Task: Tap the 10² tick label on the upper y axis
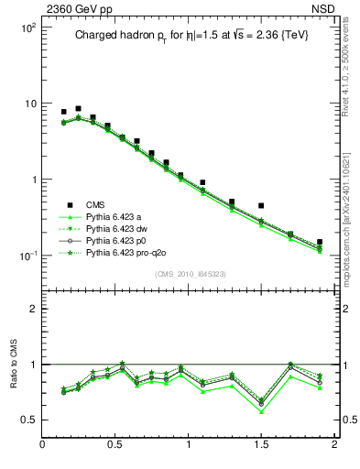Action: (28, 27)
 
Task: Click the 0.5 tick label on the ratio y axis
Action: (28, 420)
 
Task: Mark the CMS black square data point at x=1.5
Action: (261, 206)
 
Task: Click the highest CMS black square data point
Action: (79, 108)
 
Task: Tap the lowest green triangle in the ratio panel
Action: (261, 411)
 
